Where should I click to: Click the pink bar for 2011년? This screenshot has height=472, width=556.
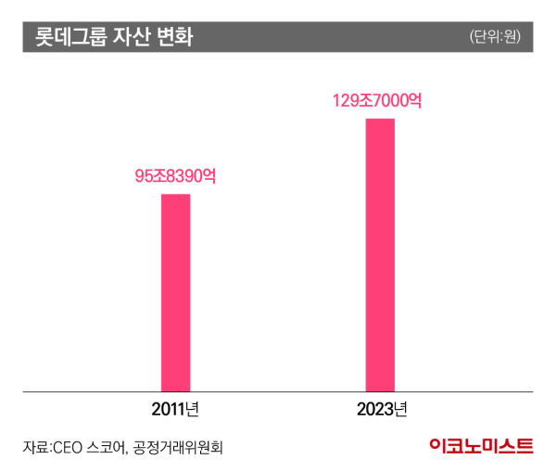click(175, 292)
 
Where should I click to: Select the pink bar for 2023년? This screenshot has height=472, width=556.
click(380, 255)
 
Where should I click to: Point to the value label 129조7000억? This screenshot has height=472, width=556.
click(378, 100)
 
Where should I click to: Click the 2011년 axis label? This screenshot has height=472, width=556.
click(176, 409)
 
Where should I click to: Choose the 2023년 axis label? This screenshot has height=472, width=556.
click(380, 409)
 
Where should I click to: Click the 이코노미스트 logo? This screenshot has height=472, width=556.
click(481, 446)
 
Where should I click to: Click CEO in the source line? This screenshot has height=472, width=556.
click(69, 447)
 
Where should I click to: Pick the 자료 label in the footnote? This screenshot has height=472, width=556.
click(34, 447)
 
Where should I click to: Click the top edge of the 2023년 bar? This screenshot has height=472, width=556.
click(380, 120)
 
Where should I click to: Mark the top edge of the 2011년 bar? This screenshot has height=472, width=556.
click(175, 195)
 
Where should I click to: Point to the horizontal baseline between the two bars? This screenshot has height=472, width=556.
click(278, 392)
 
